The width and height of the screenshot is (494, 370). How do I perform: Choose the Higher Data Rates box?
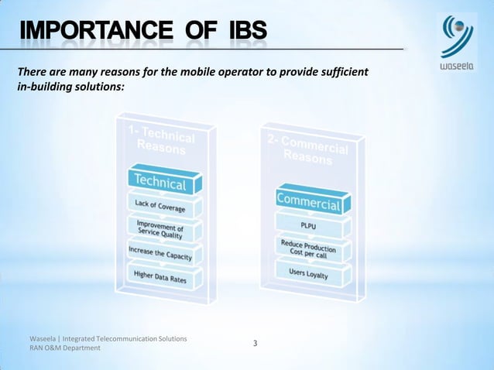click(163, 276)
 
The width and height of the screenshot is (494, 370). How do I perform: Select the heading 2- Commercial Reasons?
click(309, 151)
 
